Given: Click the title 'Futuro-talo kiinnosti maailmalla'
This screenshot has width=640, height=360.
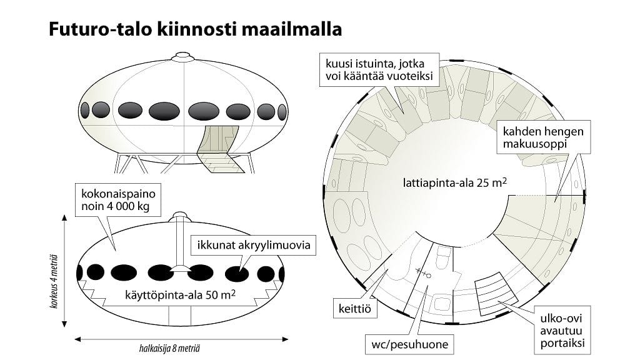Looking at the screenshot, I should click(x=195, y=30).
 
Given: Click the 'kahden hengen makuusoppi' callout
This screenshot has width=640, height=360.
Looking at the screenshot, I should click(x=541, y=139).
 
